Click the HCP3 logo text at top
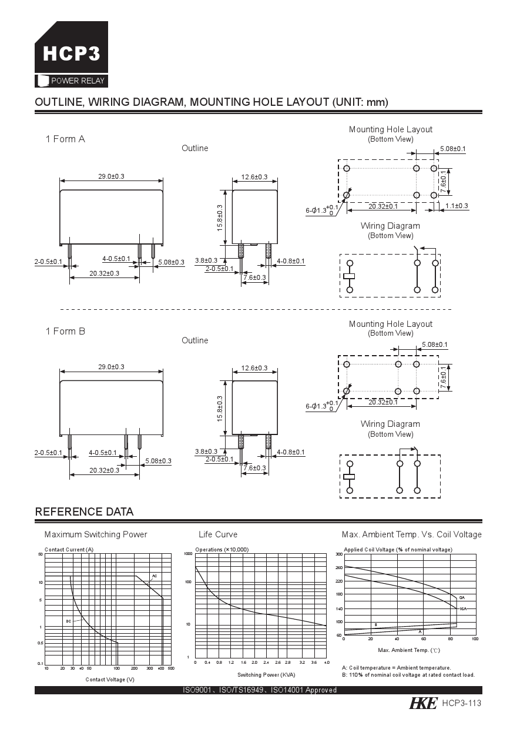click(71, 54)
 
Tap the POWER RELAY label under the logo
click(78, 81)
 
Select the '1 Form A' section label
click(65, 139)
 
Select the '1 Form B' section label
click(65, 331)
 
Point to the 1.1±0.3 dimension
click(457, 206)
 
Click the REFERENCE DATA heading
click(84, 511)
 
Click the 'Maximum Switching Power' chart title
click(96, 534)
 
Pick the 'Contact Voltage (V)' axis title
click(110, 680)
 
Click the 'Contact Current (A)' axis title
click(69, 549)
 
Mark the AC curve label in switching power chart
click(155, 576)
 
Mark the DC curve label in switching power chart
click(68, 621)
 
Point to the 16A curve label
click(463, 609)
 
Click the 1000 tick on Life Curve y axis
click(188, 554)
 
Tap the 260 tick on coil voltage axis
click(339, 567)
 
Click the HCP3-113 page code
click(462, 704)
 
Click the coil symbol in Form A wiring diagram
click(350, 276)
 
